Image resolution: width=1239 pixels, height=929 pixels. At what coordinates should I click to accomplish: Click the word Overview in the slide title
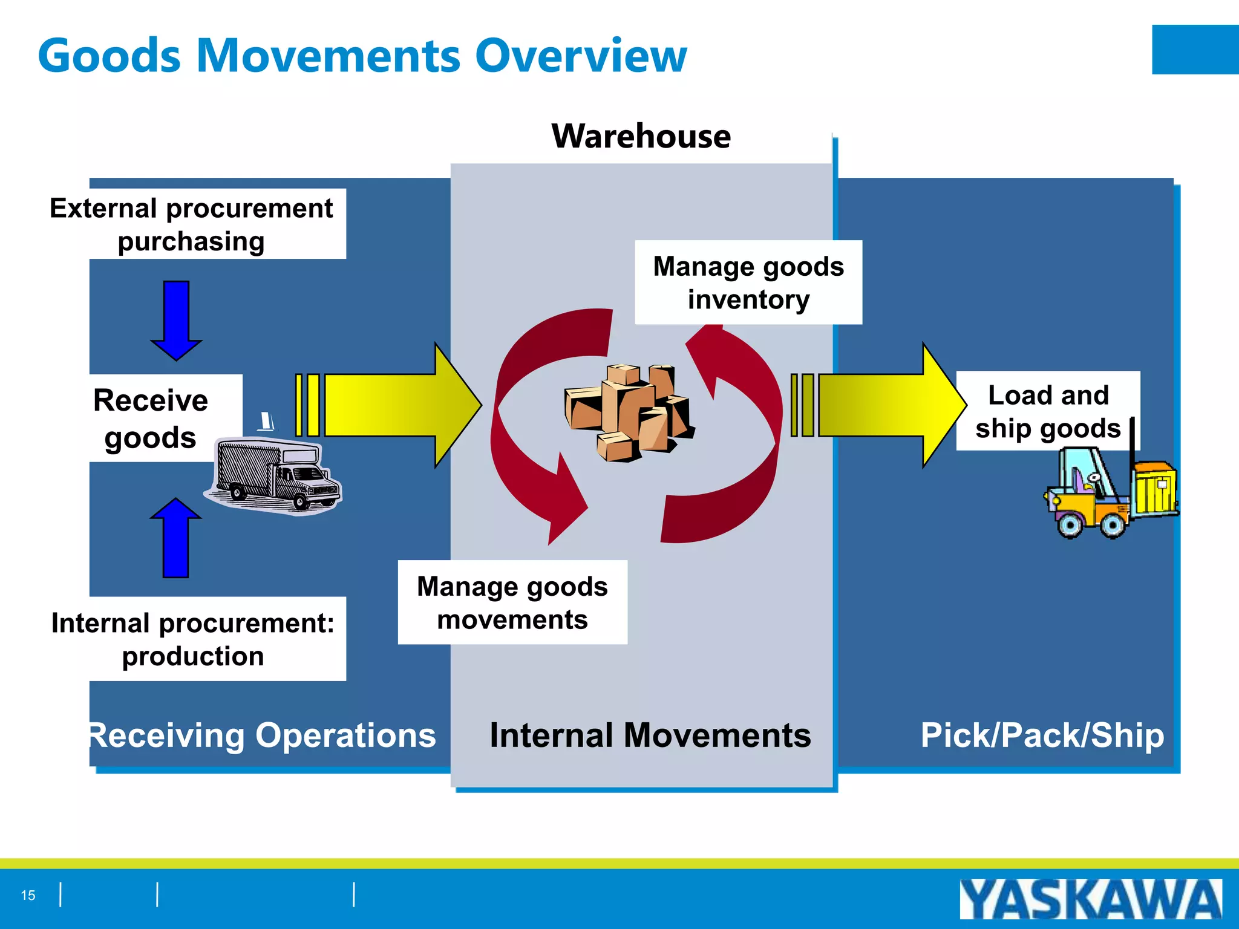click(580, 56)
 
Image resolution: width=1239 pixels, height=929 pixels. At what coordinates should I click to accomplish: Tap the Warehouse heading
click(641, 136)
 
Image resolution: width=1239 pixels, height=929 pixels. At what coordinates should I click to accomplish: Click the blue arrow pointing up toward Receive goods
click(175, 538)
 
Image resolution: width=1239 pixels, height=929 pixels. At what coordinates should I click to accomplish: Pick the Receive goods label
click(151, 419)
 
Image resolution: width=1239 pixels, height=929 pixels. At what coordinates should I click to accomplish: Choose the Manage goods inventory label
click(748, 283)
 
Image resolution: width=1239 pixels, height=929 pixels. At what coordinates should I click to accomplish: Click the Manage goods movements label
click(512, 602)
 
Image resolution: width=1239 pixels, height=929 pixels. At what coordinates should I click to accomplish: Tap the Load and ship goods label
click(1047, 411)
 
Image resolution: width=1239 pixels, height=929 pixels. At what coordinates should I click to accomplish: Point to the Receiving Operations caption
click(261, 735)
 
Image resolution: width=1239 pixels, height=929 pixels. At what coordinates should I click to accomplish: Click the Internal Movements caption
click(650, 735)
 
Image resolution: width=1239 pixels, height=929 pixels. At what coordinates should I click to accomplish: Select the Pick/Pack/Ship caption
click(1042, 735)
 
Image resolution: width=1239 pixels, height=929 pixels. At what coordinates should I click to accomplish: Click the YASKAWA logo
click(1090, 899)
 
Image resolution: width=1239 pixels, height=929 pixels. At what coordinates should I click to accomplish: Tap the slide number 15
click(28, 895)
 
